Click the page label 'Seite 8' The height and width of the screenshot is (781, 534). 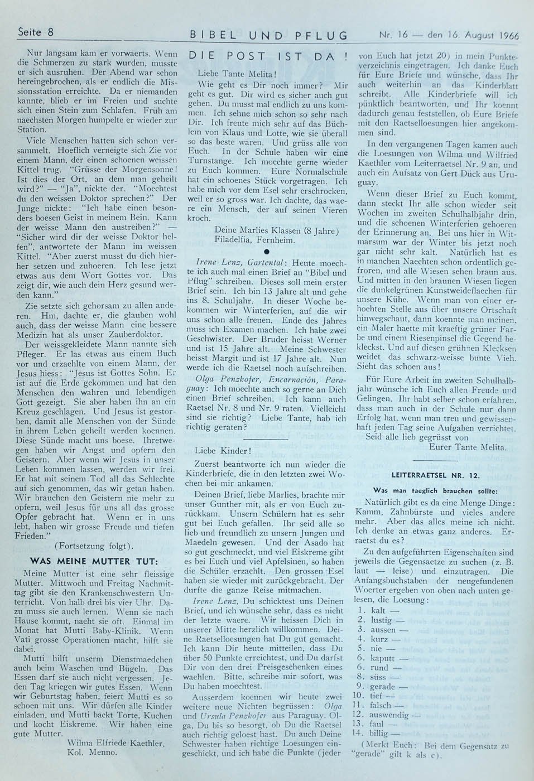[x=35, y=32]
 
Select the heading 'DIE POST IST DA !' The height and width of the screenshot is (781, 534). [x=269, y=56]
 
